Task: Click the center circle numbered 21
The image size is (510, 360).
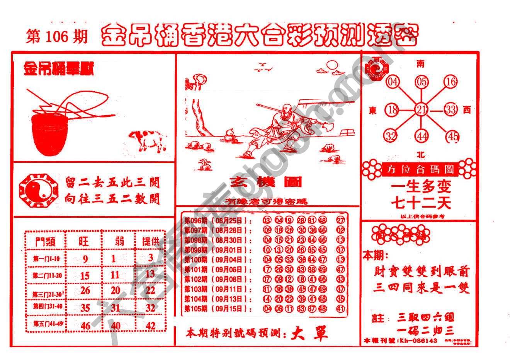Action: (421, 110)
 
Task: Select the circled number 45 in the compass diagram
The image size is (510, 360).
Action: (452, 136)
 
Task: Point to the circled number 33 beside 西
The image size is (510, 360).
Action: (450, 110)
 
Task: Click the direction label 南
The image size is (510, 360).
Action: (420, 63)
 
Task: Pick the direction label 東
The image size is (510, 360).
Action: (372, 111)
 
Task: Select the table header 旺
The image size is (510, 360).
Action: (83, 242)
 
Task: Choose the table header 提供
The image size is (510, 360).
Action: (151, 242)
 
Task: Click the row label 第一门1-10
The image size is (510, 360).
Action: (46, 259)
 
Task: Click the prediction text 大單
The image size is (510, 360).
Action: (309, 333)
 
